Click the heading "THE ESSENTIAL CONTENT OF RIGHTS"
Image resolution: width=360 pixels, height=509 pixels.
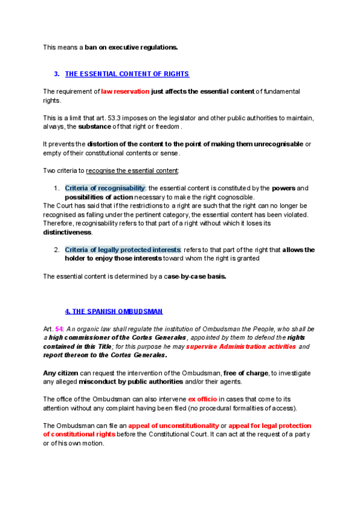(127, 74)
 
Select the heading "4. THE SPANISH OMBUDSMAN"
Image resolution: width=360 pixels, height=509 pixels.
(113, 312)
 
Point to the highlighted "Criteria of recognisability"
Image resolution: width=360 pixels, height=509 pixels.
(105, 188)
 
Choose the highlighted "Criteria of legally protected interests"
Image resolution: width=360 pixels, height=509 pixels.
(122, 250)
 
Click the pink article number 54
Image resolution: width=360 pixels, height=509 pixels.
(59, 329)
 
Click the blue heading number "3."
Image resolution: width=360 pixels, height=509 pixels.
(56, 74)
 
